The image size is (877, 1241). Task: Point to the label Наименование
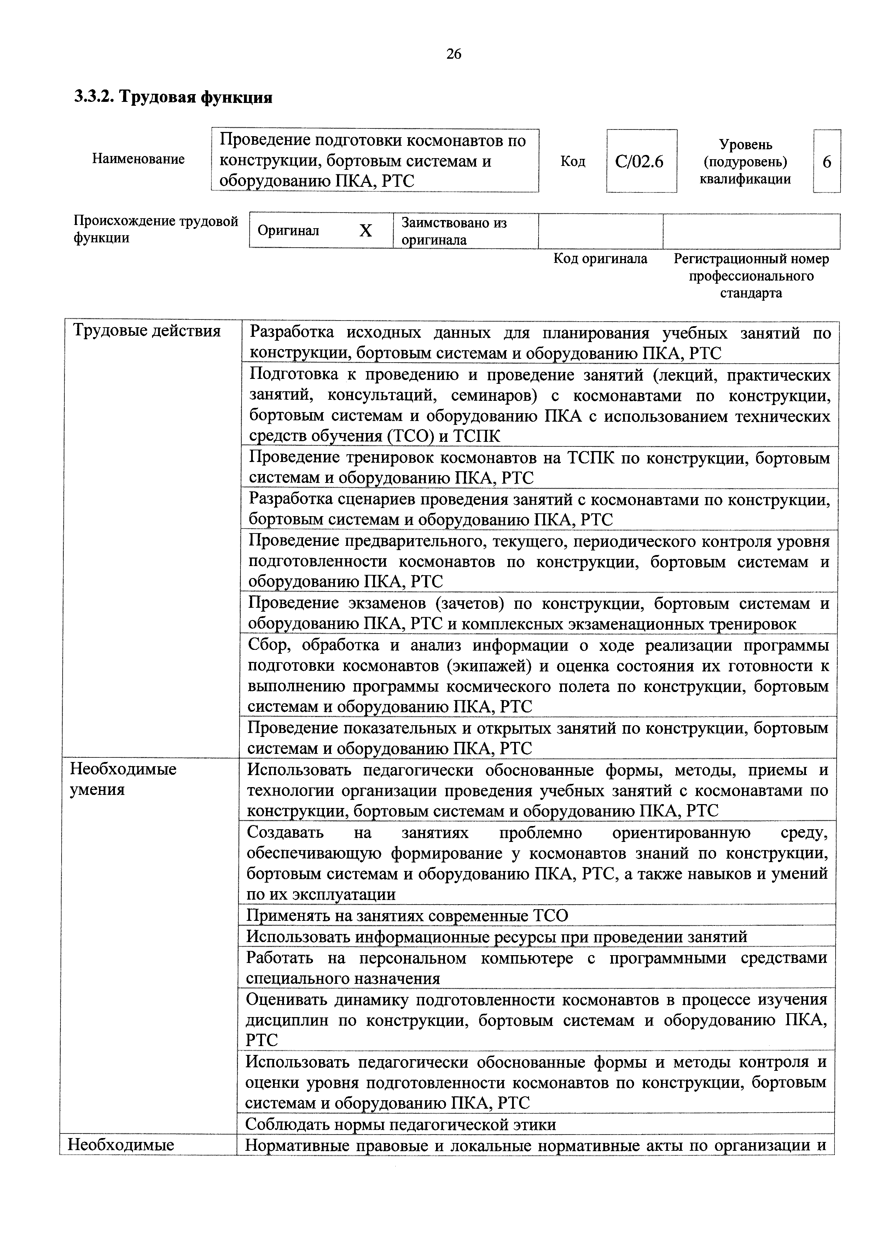138,159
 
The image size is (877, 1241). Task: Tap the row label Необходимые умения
123,779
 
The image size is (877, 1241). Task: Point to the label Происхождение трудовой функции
156,229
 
